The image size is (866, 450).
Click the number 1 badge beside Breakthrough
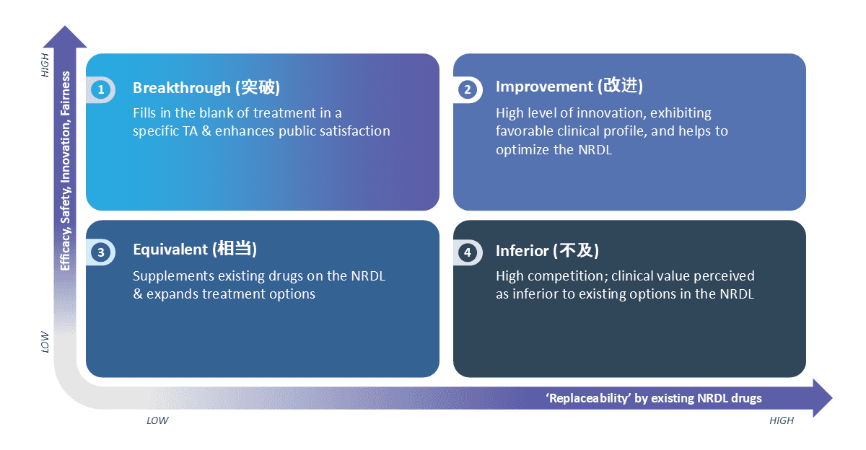[101, 89]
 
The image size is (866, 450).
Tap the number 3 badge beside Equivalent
[101, 252]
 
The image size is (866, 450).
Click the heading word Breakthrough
[181, 88]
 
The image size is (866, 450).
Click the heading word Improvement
[543, 87]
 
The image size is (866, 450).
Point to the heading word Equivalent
[170, 250]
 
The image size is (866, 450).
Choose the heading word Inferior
[522, 250]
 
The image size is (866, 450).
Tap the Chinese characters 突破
[258, 88]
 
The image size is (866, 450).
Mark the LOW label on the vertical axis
[45, 340]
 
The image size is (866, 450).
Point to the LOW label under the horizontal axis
[157, 420]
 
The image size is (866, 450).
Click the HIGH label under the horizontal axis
[782, 420]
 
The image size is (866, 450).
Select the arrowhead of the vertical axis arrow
[65, 37]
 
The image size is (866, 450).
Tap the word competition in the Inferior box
[562, 275]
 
